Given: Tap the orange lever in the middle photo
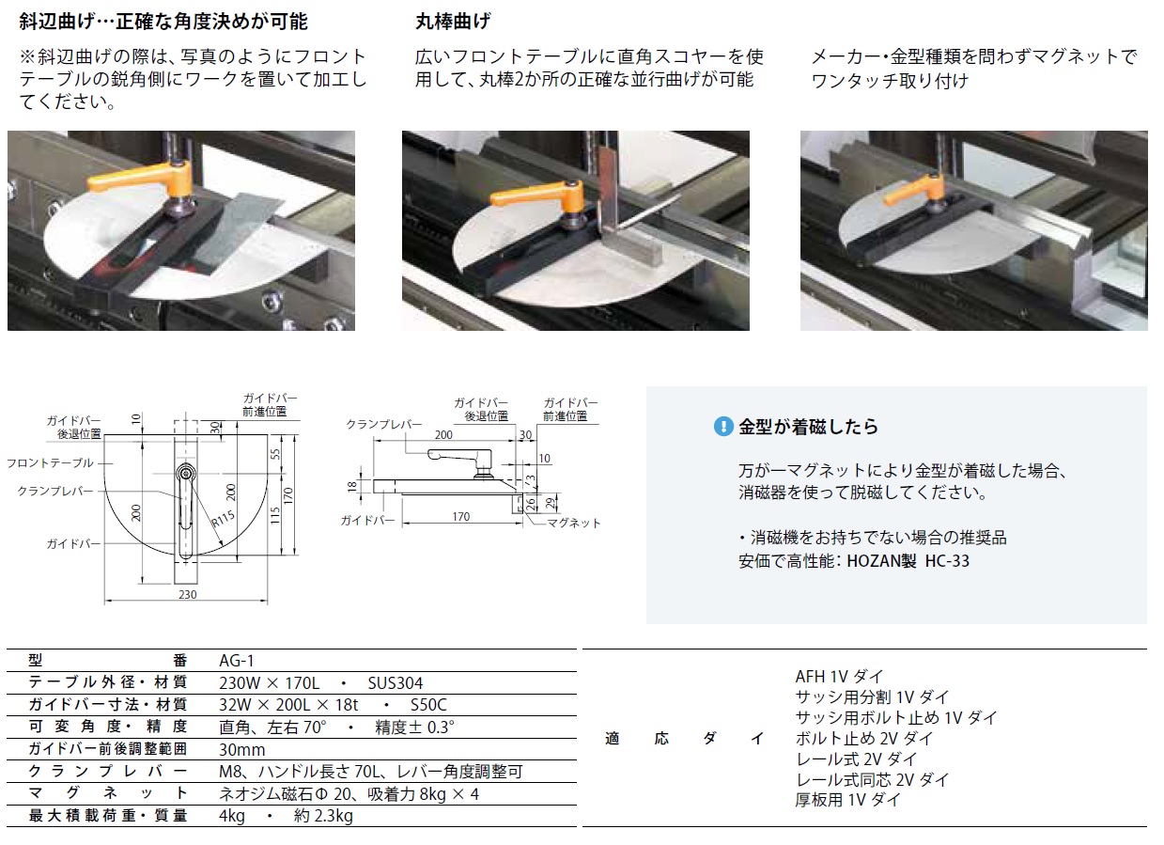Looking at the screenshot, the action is pyautogui.click(x=535, y=194).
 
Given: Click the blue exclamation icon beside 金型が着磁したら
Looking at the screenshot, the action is pyautogui.click(x=723, y=427).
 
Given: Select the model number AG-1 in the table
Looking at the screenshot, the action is pyautogui.click(x=237, y=661).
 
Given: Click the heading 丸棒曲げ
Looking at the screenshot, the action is pyautogui.click(x=453, y=22).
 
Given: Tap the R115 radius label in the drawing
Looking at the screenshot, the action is pyautogui.click(x=224, y=519).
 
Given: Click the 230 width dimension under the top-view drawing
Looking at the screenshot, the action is pyautogui.click(x=188, y=594).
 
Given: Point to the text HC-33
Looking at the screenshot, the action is pyautogui.click(x=947, y=560).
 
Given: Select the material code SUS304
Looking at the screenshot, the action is pyautogui.click(x=396, y=682).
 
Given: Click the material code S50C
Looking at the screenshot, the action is pyautogui.click(x=428, y=705).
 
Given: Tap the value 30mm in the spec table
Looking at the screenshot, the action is pyautogui.click(x=242, y=749).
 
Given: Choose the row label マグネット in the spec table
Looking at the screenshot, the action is pyautogui.click(x=108, y=793).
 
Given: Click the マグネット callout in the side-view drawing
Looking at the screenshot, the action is pyautogui.click(x=574, y=523).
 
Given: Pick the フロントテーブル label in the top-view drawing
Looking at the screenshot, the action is pyautogui.click(x=50, y=462).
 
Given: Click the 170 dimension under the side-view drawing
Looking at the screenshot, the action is pyautogui.click(x=461, y=516).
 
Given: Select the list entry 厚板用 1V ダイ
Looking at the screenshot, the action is pyautogui.click(x=847, y=800).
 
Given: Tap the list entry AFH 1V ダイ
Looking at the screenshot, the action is pyautogui.click(x=839, y=677).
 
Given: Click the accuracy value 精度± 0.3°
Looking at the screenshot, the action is pyautogui.click(x=414, y=727).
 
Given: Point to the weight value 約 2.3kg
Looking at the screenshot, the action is pyautogui.click(x=323, y=815).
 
